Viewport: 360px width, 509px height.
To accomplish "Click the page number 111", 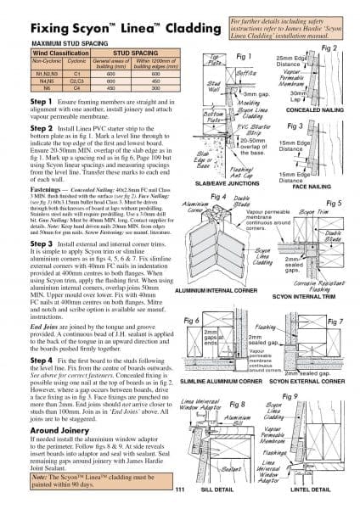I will pyautogui.click(x=180, y=489).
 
